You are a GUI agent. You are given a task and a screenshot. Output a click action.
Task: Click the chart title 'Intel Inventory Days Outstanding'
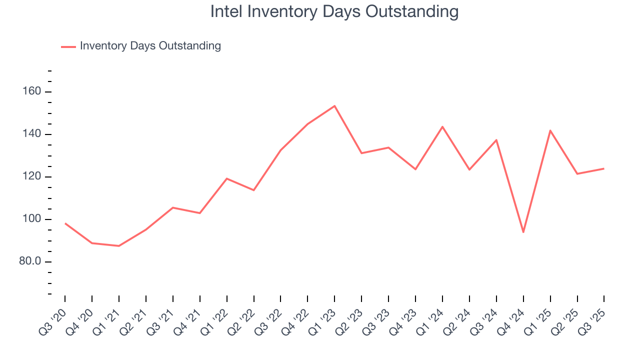(x=334, y=11)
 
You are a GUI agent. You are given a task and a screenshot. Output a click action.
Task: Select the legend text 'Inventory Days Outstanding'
(x=150, y=46)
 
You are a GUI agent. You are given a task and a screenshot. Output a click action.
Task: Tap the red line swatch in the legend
(x=68, y=46)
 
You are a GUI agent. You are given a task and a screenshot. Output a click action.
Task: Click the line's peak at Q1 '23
(x=334, y=106)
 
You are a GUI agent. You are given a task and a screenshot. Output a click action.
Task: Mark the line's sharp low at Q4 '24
(x=523, y=232)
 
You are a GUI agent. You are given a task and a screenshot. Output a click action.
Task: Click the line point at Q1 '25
(x=550, y=130)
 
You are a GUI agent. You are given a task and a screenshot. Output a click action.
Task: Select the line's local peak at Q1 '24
(x=442, y=126)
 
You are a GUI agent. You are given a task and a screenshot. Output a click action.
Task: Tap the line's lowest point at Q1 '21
(x=119, y=246)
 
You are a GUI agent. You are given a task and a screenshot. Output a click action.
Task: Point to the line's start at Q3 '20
(x=65, y=223)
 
